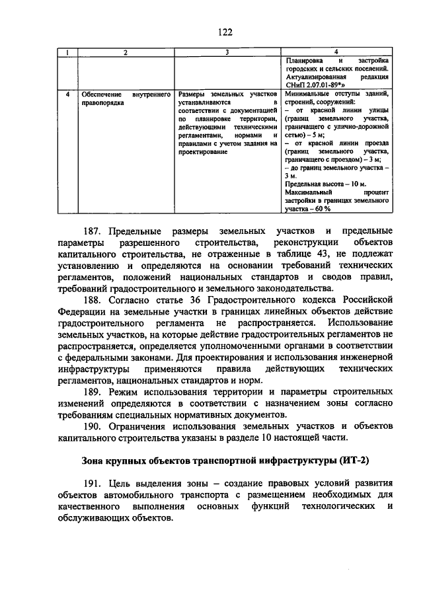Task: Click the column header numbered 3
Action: point(227,52)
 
